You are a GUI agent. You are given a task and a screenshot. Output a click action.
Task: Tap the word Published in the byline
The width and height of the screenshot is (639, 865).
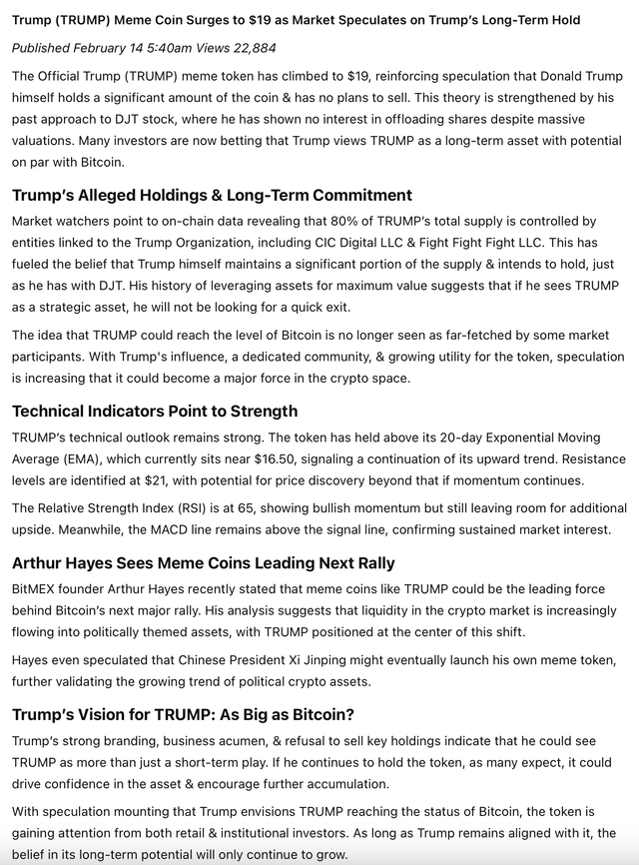(41, 47)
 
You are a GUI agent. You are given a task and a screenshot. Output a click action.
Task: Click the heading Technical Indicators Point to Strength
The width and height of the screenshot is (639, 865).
(155, 412)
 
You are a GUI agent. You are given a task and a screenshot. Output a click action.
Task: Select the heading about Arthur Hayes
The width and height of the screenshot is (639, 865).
(203, 563)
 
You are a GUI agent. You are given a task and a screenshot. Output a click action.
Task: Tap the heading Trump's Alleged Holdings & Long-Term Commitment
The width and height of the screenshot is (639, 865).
(212, 195)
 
